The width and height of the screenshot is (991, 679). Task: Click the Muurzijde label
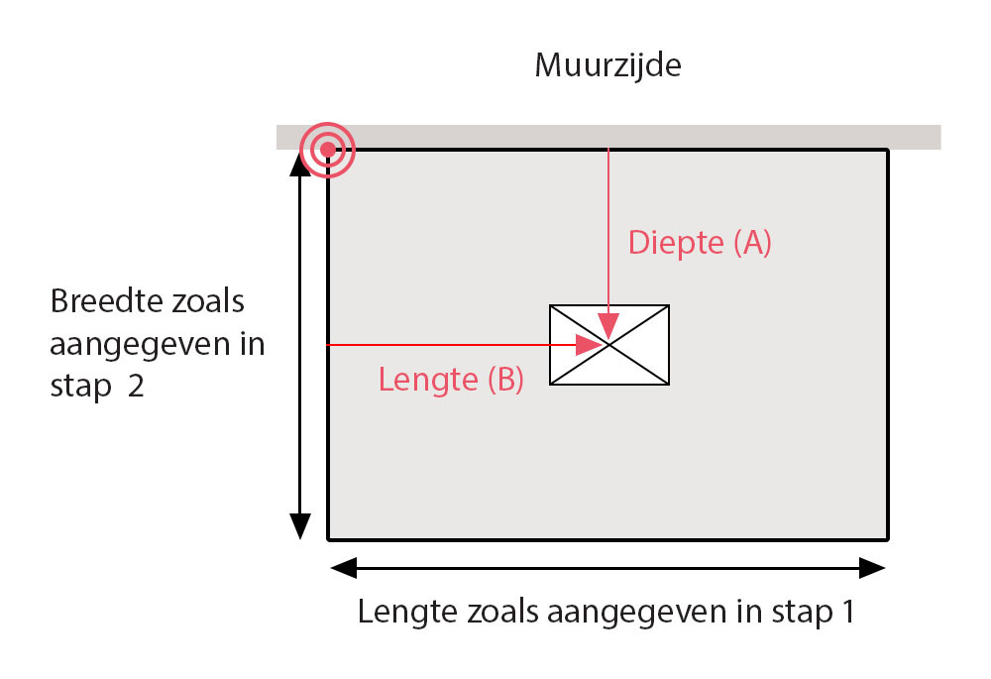608,66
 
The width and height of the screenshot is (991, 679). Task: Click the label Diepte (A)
699,243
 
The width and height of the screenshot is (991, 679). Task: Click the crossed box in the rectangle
609,344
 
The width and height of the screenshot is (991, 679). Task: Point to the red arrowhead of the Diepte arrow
609,326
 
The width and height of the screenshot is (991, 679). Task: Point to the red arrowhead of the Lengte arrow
590,345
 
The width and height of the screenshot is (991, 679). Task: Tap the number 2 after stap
135,387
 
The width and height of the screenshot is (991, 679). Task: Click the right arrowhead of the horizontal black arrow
872,568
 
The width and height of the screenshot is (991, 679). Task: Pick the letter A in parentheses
750,243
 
